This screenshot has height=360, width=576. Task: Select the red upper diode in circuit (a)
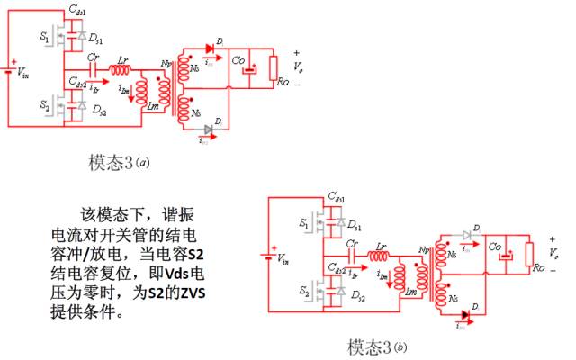tap(211, 47)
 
